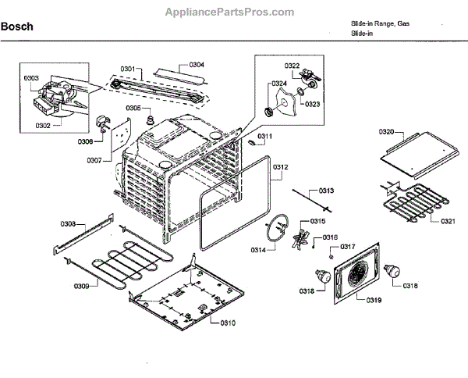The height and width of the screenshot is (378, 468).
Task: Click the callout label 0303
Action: click(x=31, y=78)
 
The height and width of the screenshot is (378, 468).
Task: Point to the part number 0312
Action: click(x=282, y=167)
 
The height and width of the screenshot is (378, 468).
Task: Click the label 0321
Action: click(x=448, y=221)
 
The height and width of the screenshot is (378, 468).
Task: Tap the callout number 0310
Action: click(x=228, y=323)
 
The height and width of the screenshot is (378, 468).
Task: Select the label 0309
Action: click(x=80, y=286)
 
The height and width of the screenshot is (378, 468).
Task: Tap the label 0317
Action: click(x=347, y=247)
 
